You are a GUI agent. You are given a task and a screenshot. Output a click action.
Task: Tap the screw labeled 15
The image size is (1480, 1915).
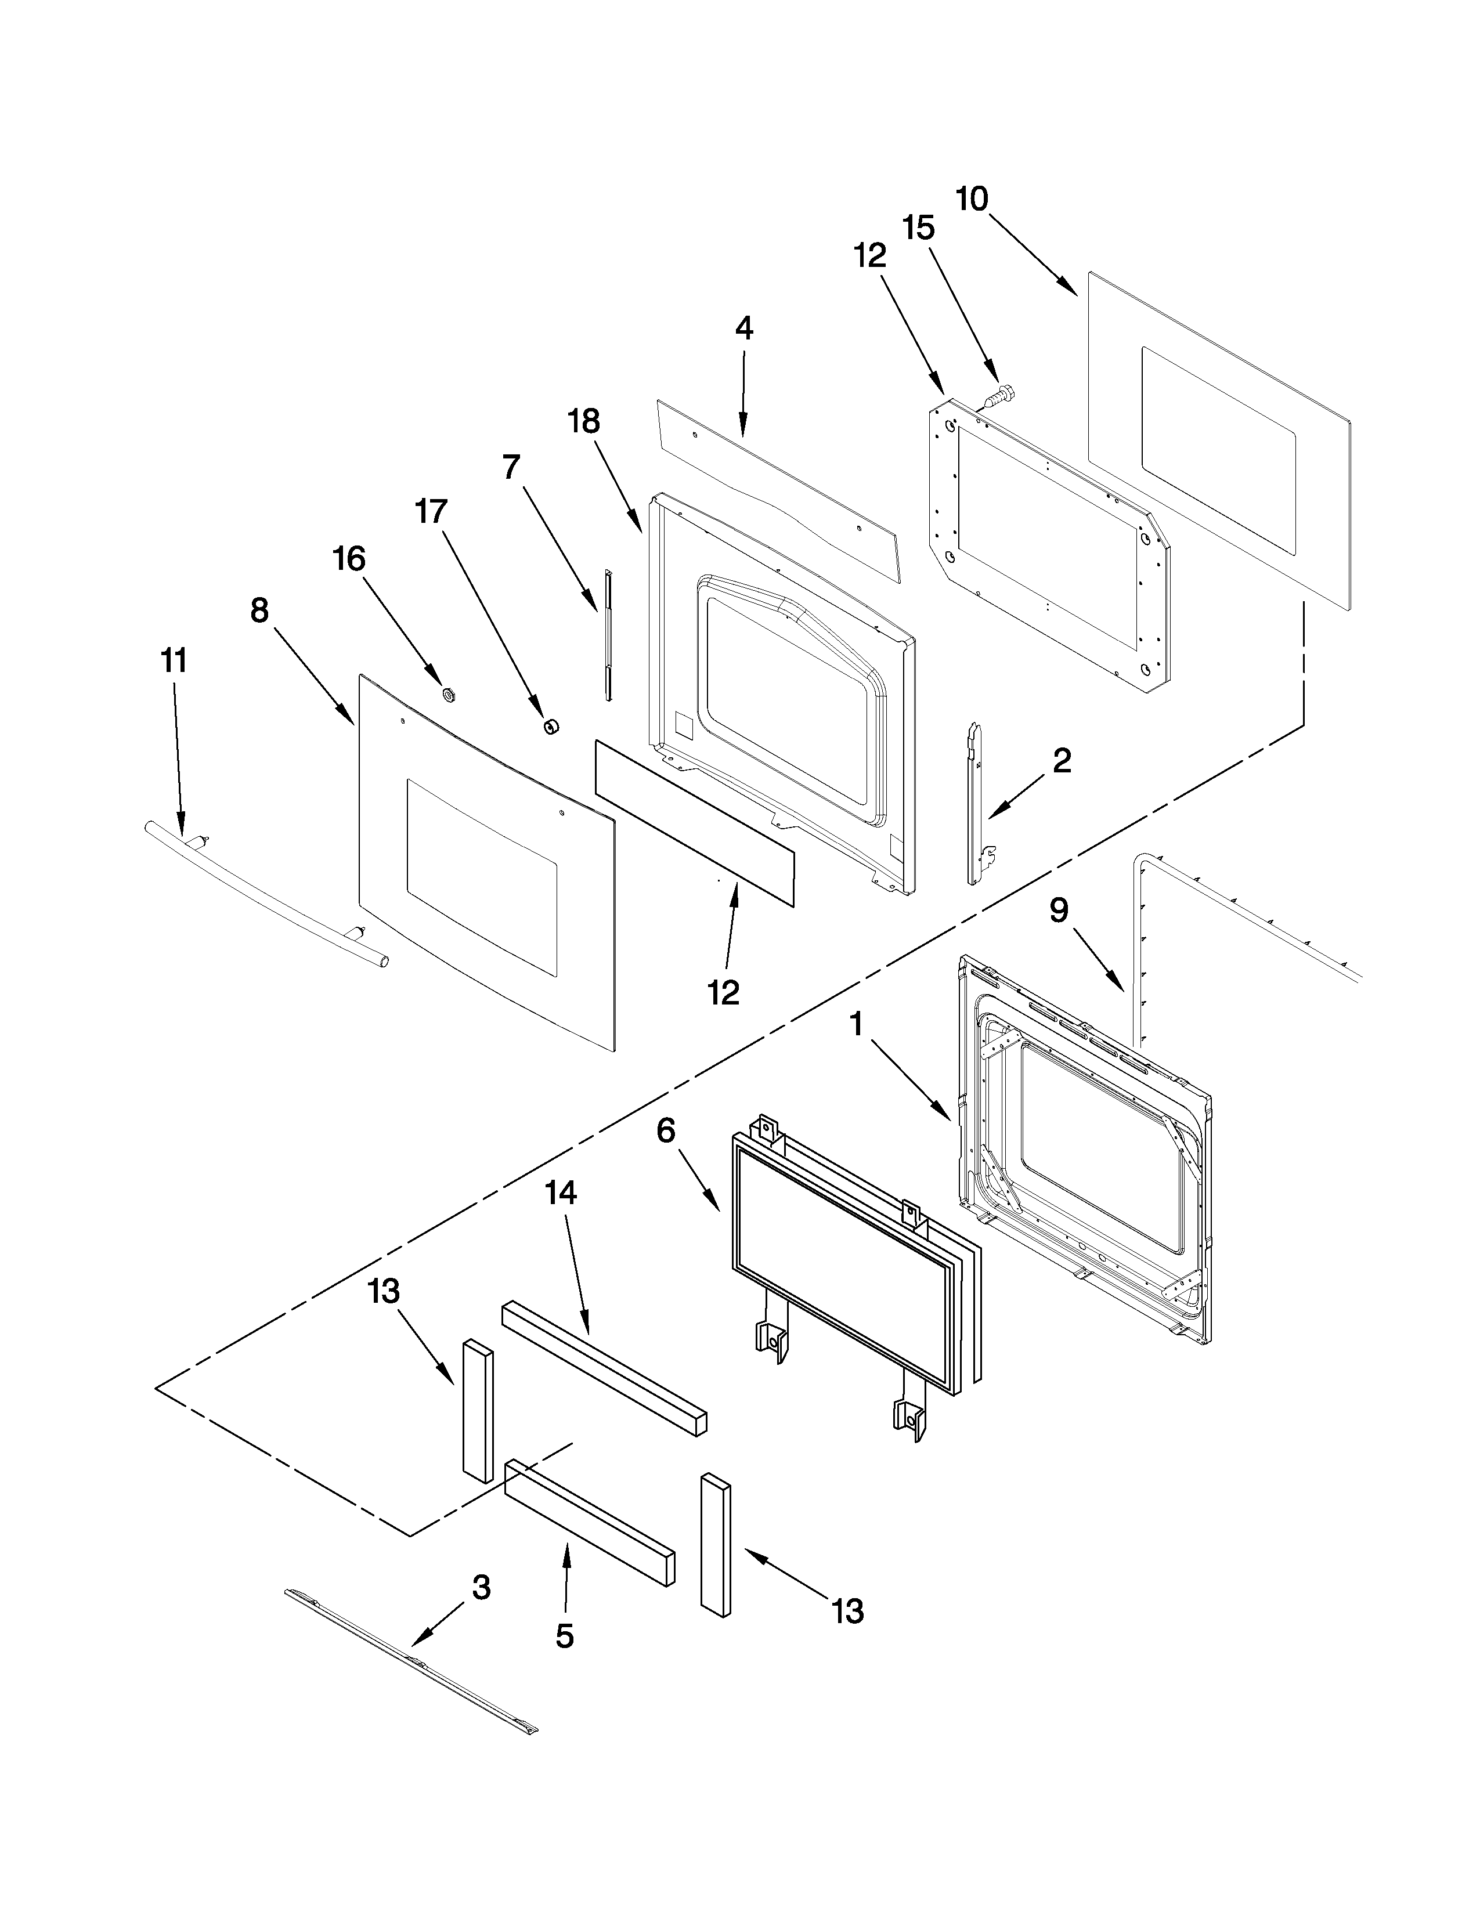click(998, 397)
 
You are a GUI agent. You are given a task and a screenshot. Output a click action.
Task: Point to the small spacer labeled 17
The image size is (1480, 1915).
click(551, 725)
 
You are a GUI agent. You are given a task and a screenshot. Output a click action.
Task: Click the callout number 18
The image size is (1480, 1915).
click(584, 422)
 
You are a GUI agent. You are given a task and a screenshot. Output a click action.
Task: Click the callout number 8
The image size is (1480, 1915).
click(259, 610)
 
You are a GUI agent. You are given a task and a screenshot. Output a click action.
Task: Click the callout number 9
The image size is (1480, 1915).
click(1059, 911)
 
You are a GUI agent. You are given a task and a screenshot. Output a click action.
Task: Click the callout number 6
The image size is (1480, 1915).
click(666, 1131)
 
